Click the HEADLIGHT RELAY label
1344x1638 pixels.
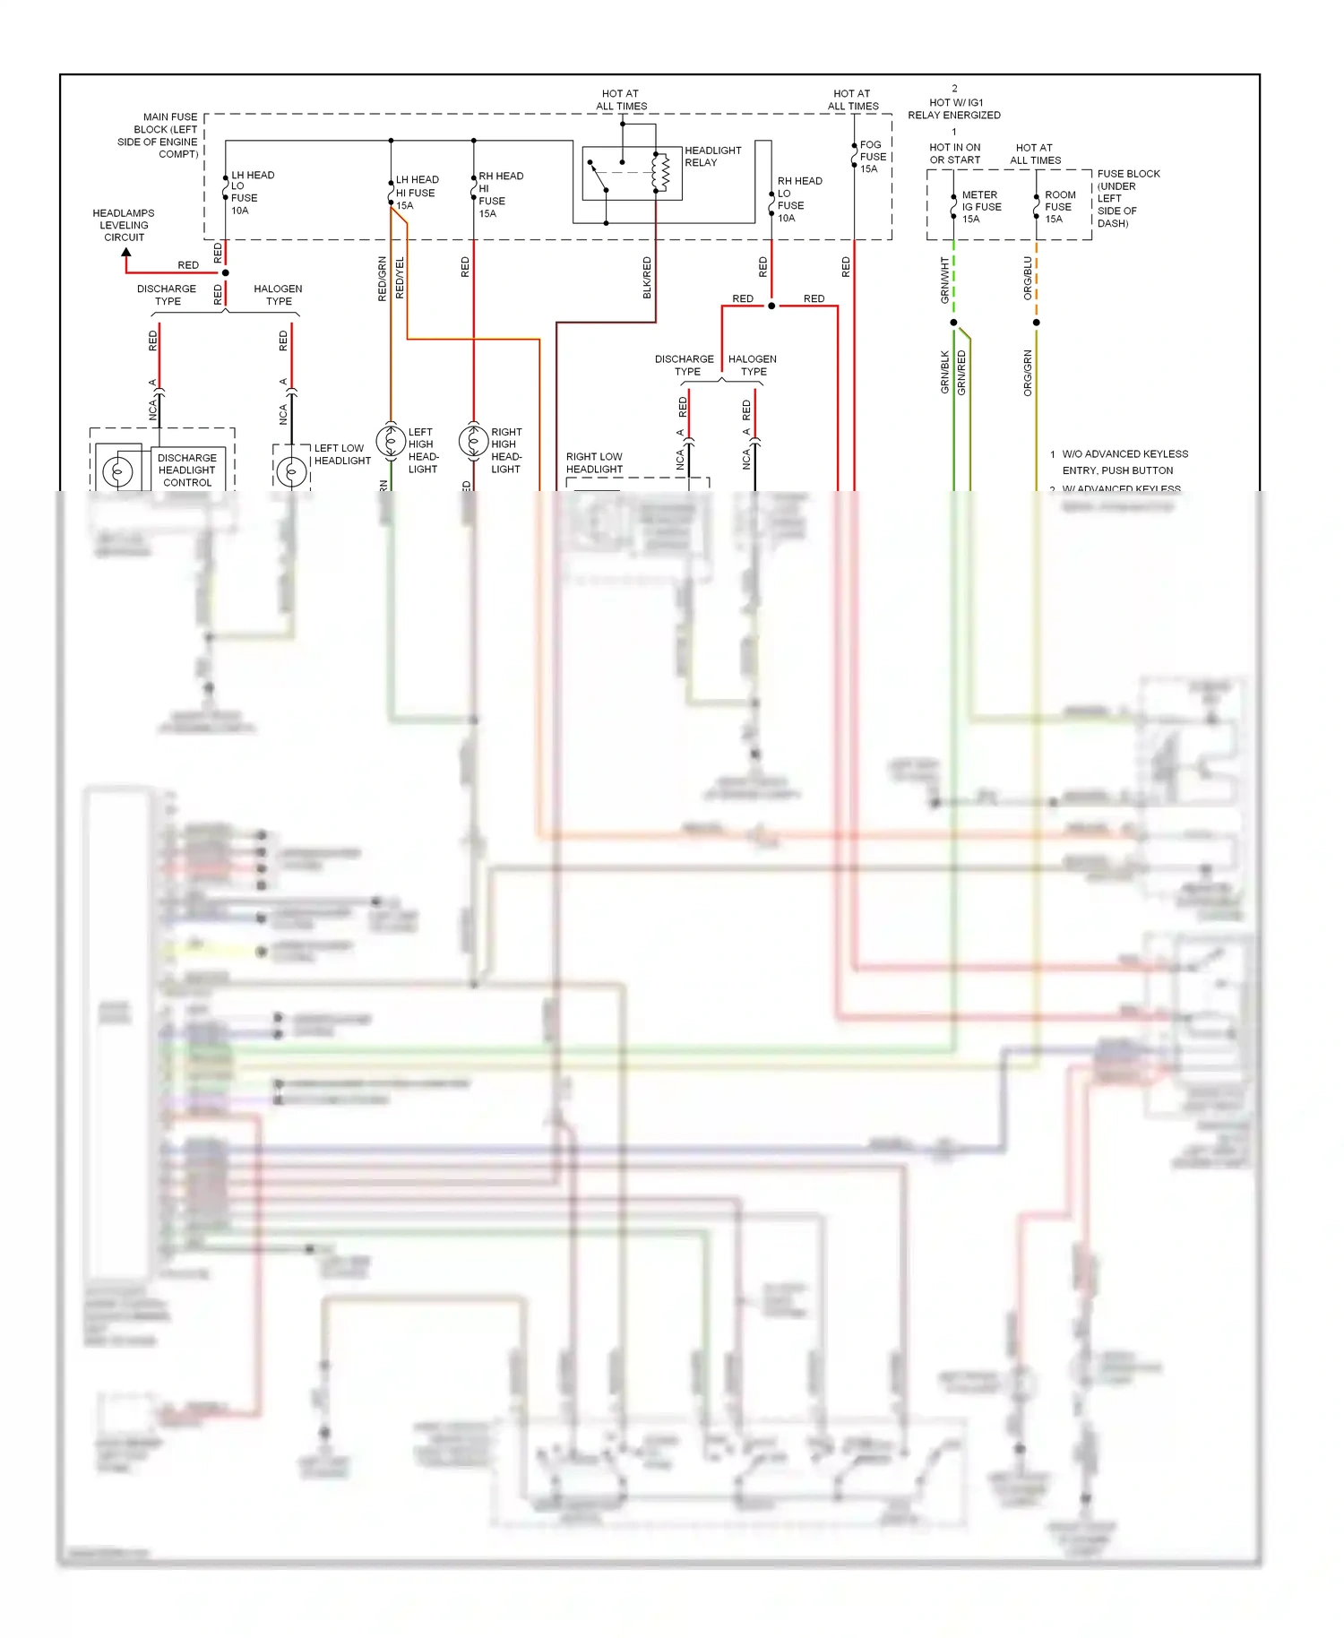pyautogui.click(x=712, y=157)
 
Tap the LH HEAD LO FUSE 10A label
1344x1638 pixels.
pyautogui.click(x=252, y=193)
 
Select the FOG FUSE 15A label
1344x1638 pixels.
pyautogui.click(x=872, y=157)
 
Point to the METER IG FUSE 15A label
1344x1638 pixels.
pyautogui.click(x=980, y=207)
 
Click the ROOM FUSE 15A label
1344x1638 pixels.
pyautogui.click(x=1059, y=207)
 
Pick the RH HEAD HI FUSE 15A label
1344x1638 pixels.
pyautogui.click(x=499, y=194)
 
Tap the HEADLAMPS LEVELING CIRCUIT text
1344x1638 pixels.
pyautogui.click(x=124, y=226)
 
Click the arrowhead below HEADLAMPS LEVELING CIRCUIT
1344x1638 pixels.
pyautogui.click(x=126, y=254)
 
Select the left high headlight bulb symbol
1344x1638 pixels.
pyautogui.click(x=391, y=441)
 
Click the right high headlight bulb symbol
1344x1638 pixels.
pyautogui.click(x=473, y=441)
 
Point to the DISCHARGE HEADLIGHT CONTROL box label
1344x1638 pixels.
pyautogui.click(x=186, y=470)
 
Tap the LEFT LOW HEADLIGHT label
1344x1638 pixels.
pyautogui.click(x=341, y=454)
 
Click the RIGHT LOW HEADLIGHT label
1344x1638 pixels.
pyautogui.click(x=594, y=462)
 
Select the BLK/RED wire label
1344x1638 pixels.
pyautogui.click(x=647, y=278)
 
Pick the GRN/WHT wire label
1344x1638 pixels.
pyautogui.click(x=944, y=280)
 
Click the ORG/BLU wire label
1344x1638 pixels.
pyautogui.click(x=1028, y=278)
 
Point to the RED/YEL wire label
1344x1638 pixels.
pyautogui.click(x=400, y=278)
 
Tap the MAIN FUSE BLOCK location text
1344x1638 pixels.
pyautogui.click(x=159, y=135)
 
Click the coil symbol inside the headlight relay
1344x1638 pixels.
pyautogui.click(x=660, y=173)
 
